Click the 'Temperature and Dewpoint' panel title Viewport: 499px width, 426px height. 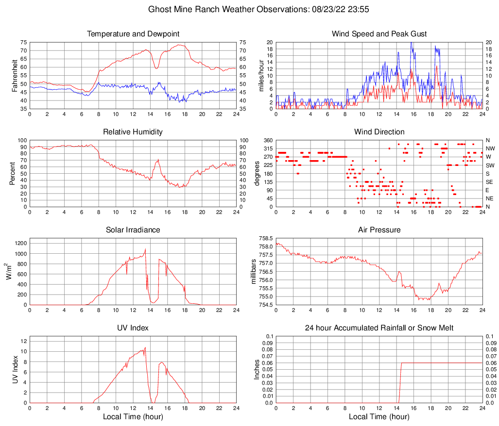click(133, 34)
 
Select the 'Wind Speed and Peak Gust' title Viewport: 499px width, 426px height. click(379, 34)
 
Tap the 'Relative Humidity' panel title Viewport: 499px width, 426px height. click(133, 132)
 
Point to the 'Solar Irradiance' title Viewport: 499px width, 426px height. click(133, 230)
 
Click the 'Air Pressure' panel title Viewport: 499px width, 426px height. click(379, 230)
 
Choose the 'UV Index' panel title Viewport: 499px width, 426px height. click(133, 328)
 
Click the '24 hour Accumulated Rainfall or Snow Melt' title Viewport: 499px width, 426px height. click(379, 328)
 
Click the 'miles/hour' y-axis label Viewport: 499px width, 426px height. click(261, 75)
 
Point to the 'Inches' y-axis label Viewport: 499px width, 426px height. click(258, 369)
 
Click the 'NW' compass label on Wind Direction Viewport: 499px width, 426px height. click(490, 148)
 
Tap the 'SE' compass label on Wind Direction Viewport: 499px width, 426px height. click(490, 182)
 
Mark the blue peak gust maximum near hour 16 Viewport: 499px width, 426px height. click(411, 43)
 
